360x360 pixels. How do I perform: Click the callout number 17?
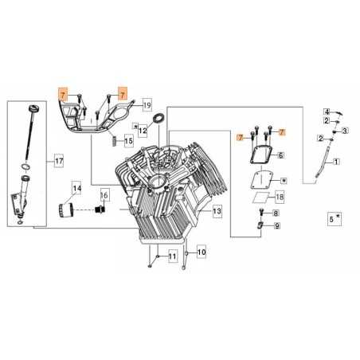click(58, 162)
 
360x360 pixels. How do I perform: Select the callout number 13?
click(217, 213)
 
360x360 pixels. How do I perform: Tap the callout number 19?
click(147, 104)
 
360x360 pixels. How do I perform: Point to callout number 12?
click(143, 128)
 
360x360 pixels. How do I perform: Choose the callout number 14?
click(77, 189)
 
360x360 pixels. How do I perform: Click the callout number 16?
click(104, 195)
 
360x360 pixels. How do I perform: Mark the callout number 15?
click(129, 141)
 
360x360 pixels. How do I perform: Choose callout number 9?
click(276, 227)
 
